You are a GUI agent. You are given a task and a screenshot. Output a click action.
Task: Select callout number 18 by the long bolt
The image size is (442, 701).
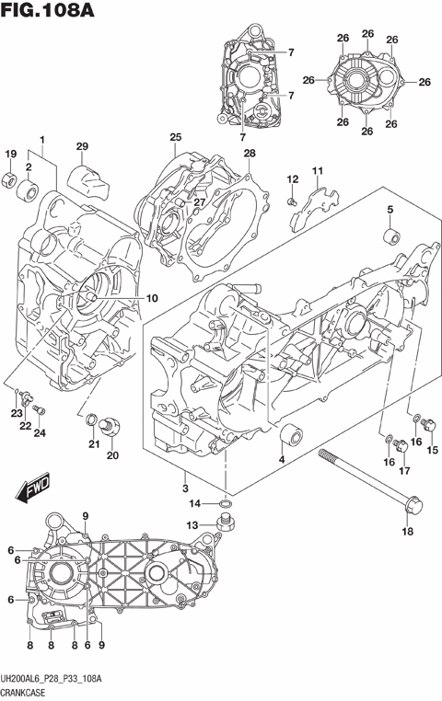(x=408, y=530)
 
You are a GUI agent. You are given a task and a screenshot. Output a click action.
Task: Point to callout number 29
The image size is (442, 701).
(x=81, y=147)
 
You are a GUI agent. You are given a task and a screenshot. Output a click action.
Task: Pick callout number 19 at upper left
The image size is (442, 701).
(x=12, y=153)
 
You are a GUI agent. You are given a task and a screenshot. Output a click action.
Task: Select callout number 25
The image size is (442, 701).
(x=174, y=138)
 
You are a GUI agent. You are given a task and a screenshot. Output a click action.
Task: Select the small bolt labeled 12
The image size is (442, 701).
(x=292, y=201)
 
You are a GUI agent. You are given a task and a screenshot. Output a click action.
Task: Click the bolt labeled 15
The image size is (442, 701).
(x=426, y=423)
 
